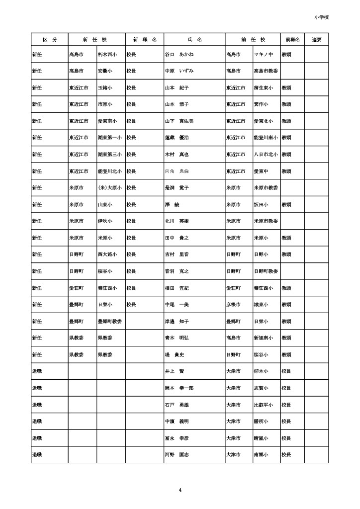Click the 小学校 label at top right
[x=322, y=17]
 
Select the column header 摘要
[x=317, y=39]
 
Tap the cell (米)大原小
[x=109, y=188]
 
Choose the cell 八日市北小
[x=266, y=155]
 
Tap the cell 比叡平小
[x=264, y=405]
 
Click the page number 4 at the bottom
[x=180, y=491]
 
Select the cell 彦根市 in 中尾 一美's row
[x=233, y=305]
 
